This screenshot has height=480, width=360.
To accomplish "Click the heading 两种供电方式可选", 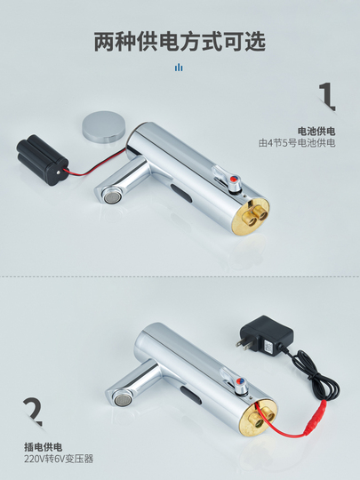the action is (x=180, y=42).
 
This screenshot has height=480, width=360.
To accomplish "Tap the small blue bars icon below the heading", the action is (x=179, y=68).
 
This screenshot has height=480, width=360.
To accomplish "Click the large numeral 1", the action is (x=327, y=96).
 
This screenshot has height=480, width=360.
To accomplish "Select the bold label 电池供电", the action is (x=316, y=132).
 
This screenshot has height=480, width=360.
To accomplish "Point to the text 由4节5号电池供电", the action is (x=297, y=142).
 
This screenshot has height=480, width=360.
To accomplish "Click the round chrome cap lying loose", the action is (x=104, y=126).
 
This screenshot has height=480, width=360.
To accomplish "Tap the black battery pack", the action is (x=42, y=160).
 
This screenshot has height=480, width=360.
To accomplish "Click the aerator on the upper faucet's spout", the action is (x=109, y=196).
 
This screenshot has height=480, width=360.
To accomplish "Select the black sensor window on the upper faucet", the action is (x=181, y=195).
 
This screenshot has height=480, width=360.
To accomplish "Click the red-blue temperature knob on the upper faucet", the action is (x=235, y=180).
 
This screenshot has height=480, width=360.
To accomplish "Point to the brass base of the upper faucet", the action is (x=251, y=215).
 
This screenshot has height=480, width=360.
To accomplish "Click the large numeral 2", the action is (x=33, y=412).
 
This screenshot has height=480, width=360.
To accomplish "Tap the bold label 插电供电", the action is (x=44, y=447).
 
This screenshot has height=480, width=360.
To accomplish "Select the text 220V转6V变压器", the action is (x=59, y=459).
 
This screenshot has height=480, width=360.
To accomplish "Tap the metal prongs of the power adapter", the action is (x=242, y=344).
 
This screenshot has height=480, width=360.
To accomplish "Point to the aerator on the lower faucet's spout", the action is (x=119, y=399).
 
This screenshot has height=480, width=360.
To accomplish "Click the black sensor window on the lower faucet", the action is (x=190, y=396).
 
